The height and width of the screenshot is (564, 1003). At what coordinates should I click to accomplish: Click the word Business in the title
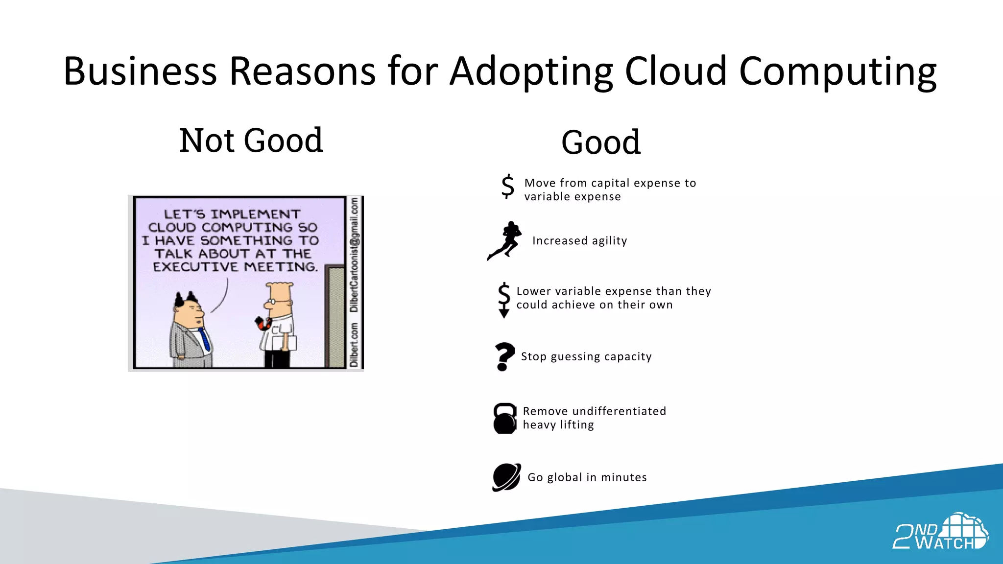coord(140,71)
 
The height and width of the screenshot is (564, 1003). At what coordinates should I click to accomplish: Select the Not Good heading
coord(251,141)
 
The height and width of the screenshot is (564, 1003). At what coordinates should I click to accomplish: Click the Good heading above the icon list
coord(600,142)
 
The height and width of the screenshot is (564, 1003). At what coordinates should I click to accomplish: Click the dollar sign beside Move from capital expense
coord(508,187)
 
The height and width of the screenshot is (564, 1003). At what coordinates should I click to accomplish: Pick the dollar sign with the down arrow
coord(504,300)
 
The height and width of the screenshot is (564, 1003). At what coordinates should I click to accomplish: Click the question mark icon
coord(504,356)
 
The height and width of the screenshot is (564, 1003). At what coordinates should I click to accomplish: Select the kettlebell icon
coord(505,418)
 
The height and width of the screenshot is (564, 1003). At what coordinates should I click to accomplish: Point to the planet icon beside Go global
coord(506,477)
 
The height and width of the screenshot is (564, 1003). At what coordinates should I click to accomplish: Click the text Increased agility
coord(579,241)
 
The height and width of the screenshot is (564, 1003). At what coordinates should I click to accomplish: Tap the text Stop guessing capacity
coord(586,356)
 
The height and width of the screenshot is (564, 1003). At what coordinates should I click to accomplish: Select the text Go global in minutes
coord(587,477)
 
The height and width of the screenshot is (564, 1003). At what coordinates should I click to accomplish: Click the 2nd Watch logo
coord(940,532)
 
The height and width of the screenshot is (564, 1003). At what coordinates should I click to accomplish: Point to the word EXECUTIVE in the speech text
coord(195,267)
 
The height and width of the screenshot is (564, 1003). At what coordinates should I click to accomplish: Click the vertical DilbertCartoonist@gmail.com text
coord(354,255)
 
